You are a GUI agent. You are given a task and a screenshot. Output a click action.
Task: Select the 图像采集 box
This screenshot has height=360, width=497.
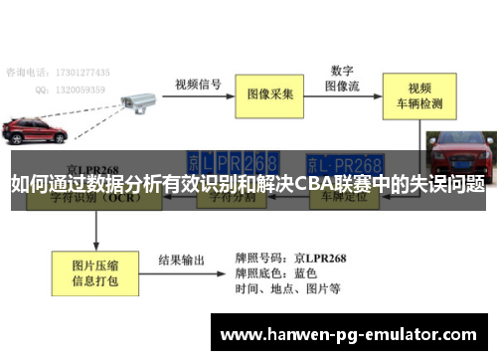[x=269, y=94]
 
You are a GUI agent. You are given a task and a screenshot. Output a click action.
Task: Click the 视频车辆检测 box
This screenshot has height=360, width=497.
[x=412, y=94]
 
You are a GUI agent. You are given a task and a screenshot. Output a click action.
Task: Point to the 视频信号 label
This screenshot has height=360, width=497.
[x=197, y=84]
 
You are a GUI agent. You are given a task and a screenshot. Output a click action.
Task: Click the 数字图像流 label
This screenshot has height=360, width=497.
[x=343, y=78]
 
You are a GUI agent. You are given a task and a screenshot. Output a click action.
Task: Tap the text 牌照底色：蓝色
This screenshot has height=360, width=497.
[x=276, y=273]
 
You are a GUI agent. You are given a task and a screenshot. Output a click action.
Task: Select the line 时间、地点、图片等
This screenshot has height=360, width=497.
[x=288, y=289]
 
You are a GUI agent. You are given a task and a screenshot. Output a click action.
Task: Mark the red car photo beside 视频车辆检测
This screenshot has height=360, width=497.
[x=459, y=159]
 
